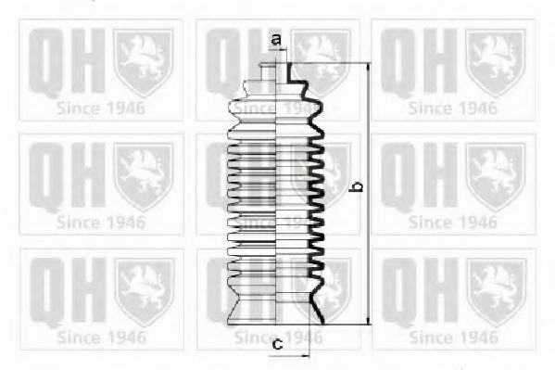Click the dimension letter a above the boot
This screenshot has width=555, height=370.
(x=276, y=39)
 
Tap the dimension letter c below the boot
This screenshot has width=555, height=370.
(x=278, y=343)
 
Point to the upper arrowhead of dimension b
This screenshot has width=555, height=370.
(x=369, y=67)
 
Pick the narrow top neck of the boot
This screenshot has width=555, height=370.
(x=276, y=72)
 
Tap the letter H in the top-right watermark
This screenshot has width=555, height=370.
(x=440, y=60)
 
